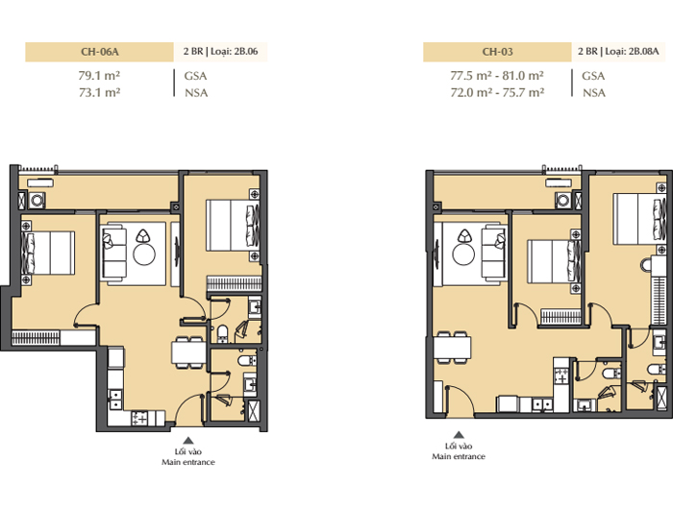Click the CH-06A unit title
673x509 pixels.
point(100,52)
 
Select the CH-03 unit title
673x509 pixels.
point(497,52)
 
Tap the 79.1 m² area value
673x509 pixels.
point(99,76)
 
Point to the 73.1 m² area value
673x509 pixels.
point(99,92)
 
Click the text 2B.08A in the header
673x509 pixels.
point(643,52)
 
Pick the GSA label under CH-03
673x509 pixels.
point(593,76)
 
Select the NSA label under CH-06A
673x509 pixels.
point(196,93)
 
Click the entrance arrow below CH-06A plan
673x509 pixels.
point(188,441)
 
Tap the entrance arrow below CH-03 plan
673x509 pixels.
point(459,435)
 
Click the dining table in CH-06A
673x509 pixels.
point(188,352)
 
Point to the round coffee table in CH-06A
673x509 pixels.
point(144,254)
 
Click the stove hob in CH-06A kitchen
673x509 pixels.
point(139,418)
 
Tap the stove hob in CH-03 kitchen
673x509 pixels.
point(561,376)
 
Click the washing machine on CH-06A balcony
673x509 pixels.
point(37,201)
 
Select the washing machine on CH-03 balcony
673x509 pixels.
point(562,201)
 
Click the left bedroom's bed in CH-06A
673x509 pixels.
point(48,253)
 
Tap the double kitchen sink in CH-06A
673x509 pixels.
point(115,399)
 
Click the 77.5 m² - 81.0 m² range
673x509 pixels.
point(497,76)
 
